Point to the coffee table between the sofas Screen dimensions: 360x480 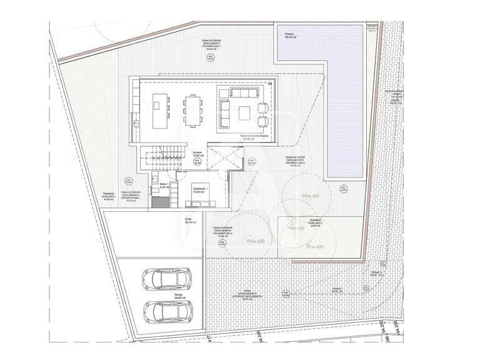tap(246, 112)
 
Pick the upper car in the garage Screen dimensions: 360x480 tap(166, 277)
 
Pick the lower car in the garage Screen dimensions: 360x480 tap(166, 309)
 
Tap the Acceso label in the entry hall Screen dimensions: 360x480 tap(198, 153)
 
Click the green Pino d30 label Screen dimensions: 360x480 tap(315, 246)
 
